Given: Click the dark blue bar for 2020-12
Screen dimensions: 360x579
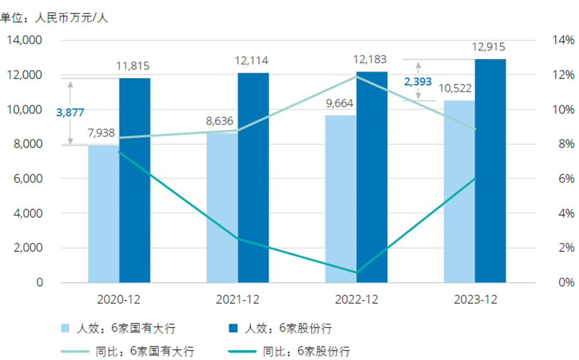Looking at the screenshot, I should click(x=135, y=182).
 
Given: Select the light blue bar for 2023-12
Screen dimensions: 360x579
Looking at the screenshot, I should click(x=459, y=193).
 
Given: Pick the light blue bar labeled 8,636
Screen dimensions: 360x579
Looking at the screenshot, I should click(x=222, y=209).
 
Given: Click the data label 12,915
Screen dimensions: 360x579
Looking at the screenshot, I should click(x=488, y=47).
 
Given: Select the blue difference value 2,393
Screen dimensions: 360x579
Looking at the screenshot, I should click(x=418, y=81).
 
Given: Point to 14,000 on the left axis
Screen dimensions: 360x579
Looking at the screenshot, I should click(x=25, y=40).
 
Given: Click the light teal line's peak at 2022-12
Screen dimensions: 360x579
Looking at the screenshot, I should click(x=357, y=76).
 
